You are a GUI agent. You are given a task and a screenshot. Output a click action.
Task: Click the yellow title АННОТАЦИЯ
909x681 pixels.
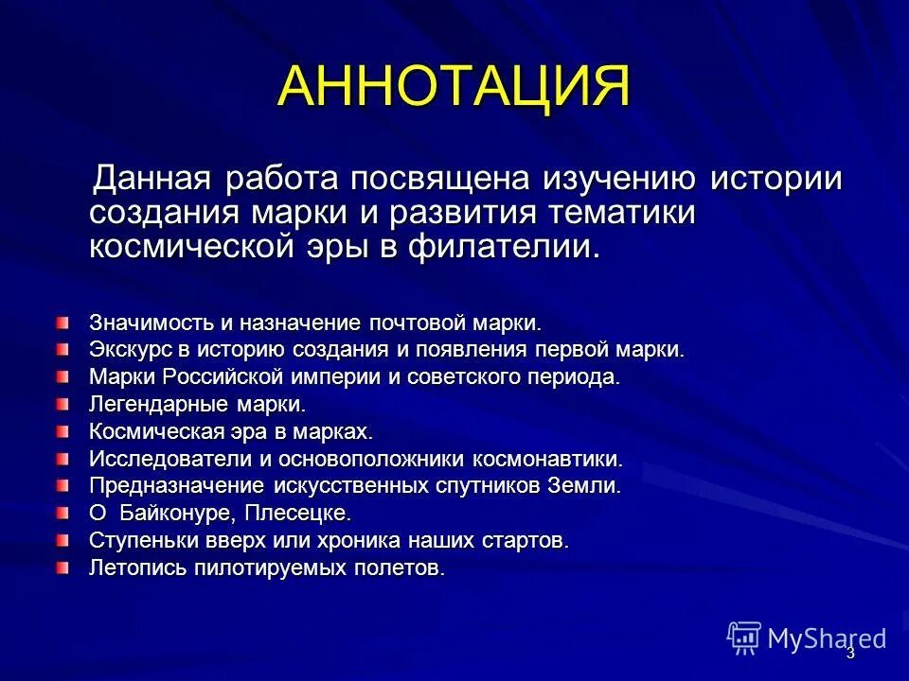coord(454,87)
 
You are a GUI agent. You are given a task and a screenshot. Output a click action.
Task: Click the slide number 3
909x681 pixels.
coord(849,654)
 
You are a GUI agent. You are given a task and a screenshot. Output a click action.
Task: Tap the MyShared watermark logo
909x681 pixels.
coord(807,638)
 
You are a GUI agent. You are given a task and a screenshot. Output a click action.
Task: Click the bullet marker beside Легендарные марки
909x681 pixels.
coord(62,404)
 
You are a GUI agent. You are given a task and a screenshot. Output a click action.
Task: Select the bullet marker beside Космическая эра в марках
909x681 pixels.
coord(62,431)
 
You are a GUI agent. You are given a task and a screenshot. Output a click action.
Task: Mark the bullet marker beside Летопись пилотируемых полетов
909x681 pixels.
coord(62,568)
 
